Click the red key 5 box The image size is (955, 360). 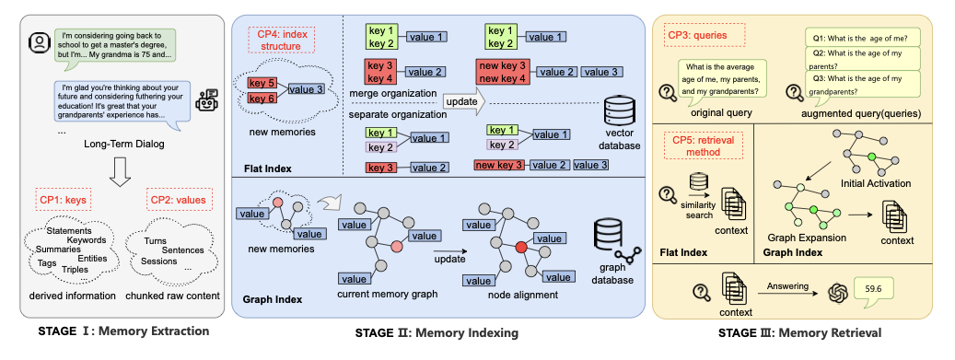(262, 84)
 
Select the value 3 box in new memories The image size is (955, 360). (306, 89)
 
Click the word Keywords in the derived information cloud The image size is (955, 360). (87, 240)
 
